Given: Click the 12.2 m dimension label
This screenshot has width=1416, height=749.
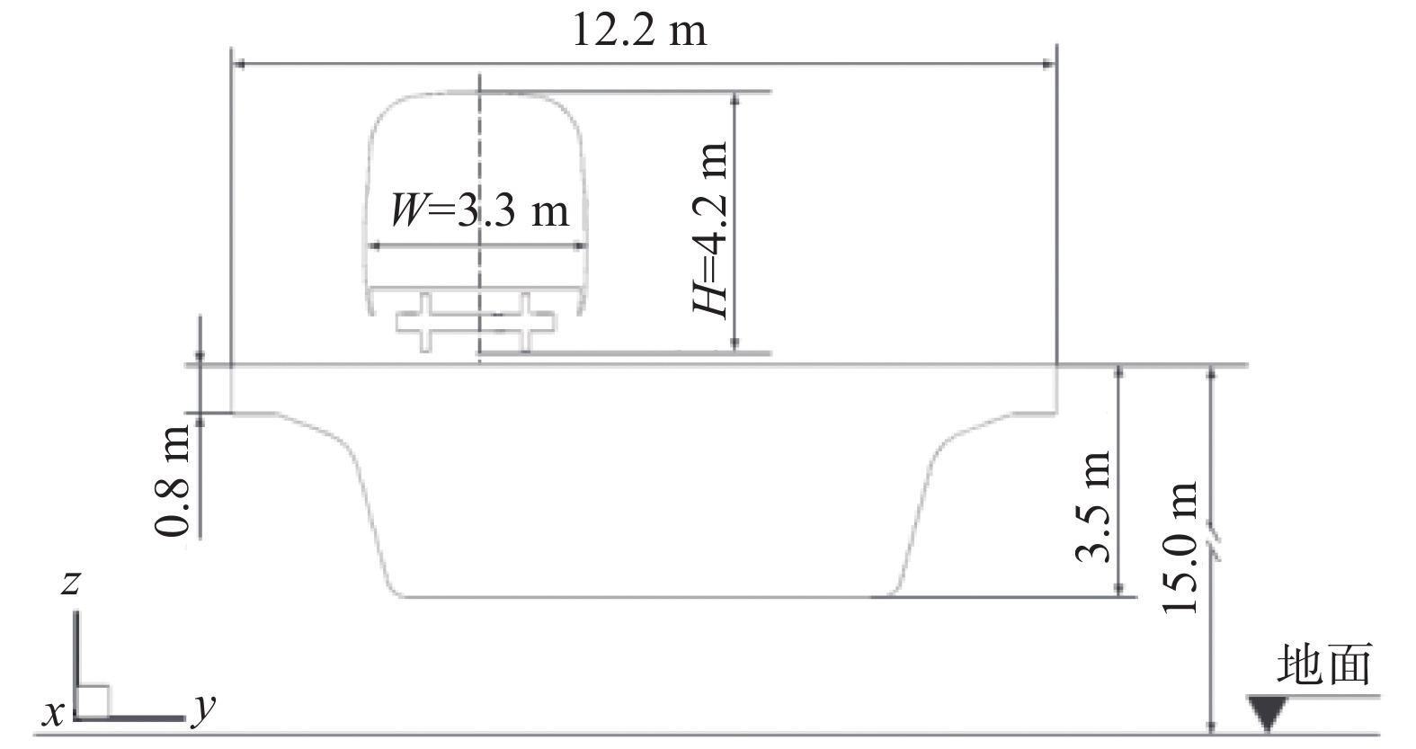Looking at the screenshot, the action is pyautogui.click(x=639, y=31).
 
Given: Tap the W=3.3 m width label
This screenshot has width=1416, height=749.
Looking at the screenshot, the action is pyautogui.click(x=480, y=210).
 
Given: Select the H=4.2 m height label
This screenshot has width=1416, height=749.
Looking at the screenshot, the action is pyautogui.click(x=710, y=229).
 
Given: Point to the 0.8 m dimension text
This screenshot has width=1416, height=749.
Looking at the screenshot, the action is pyautogui.click(x=173, y=480).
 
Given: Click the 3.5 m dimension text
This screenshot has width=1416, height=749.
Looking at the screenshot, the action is pyautogui.click(x=1092, y=506).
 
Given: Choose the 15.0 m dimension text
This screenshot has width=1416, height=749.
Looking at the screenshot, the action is pyautogui.click(x=1180, y=548).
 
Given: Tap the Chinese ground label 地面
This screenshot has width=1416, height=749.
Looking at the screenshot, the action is pyautogui.click(x=1324, y=664).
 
